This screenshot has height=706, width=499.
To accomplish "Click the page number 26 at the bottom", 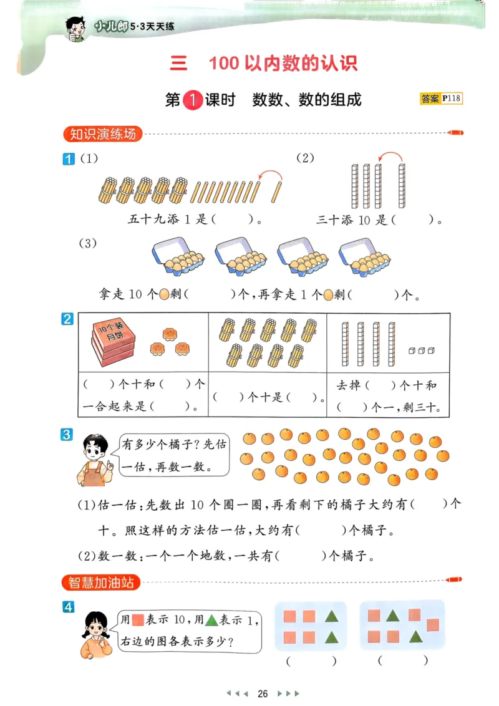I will click(263, 694).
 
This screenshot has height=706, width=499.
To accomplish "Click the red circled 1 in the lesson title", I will click(194, 100).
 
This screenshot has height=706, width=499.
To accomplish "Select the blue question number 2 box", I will click(67, 319).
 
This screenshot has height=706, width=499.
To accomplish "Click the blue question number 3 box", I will click(67, 435).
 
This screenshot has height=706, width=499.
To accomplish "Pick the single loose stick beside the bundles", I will click(278, 191).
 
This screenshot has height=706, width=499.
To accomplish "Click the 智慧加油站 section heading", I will click(101, 583).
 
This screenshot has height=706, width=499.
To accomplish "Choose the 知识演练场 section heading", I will click(103, 133).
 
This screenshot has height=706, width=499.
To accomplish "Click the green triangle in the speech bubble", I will click(212, 621).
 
